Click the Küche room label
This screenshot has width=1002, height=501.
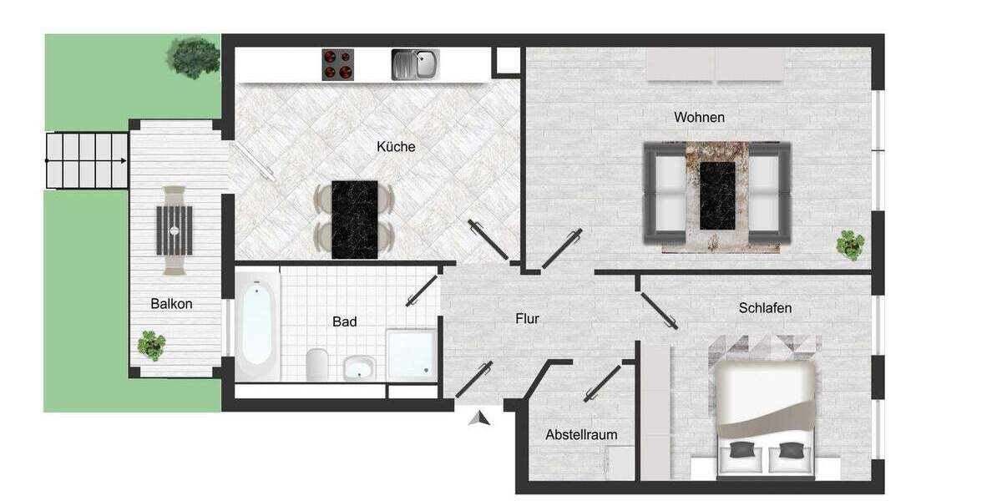coord(396,147)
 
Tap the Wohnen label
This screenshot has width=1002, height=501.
coord(699,118)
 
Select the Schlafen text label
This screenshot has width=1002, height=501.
coord(765,308)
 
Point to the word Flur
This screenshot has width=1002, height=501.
coord(527,319)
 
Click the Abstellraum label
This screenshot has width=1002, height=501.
coord(581,435)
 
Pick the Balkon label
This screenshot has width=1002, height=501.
coord(171,304)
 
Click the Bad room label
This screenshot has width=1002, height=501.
coord(344,321)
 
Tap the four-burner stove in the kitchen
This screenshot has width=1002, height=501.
coord(338,64)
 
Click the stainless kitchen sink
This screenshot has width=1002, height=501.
coord(415,64)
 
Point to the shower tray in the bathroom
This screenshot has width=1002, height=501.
coord(410,353)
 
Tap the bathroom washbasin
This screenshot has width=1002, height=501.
coord(360,367)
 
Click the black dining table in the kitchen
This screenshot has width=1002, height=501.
coord(354,219)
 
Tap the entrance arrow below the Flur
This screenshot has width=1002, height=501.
coord(478,418)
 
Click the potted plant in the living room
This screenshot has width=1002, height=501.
coord(850,245)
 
